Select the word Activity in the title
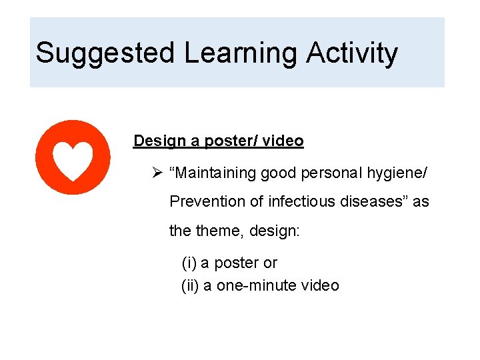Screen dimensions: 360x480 [352, 53]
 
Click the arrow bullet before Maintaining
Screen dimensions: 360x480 [157, 173]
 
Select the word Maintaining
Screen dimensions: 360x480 [213, 173]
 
